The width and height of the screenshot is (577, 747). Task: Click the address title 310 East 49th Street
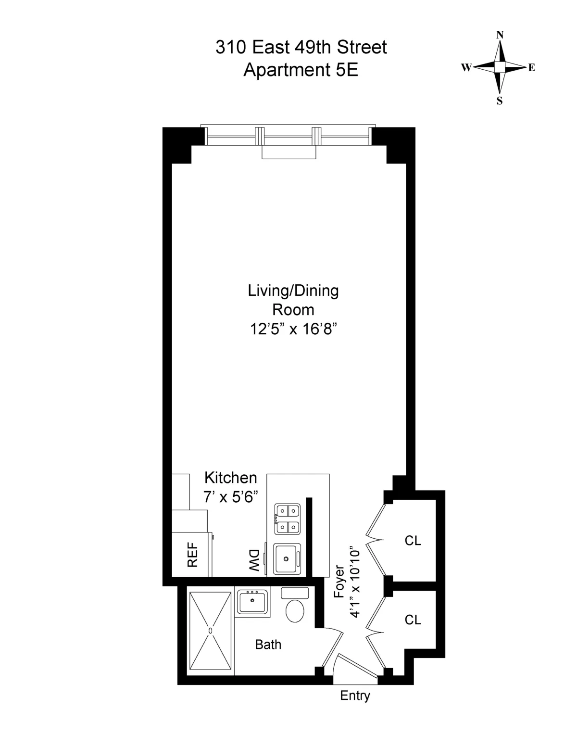tap(301, 48)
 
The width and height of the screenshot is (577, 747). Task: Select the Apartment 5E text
tap(301, 70)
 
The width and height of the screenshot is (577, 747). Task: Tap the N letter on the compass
tap(500, 35)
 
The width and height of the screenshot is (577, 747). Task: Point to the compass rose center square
tap(500, 67)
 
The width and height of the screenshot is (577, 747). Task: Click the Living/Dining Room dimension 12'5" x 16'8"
tap(293, 329)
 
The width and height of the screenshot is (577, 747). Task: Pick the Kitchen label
tap(231, 478)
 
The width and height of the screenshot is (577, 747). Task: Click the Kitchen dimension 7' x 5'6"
tap(231, 497)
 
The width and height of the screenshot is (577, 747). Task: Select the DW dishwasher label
tap(254, 560)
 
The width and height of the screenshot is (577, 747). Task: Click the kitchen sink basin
tap(287, 558)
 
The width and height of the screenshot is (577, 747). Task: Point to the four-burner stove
tap(287, 519)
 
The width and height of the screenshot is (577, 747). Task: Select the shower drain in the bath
tap(210, 630)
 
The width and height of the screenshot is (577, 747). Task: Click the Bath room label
tap(268, 645)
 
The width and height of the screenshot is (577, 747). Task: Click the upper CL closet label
tap(413, 541)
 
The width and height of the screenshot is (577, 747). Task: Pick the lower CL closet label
tap(413, 620)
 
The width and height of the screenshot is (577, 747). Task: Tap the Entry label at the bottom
tap(355, 696)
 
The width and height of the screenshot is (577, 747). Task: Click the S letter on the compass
tap(500, 101)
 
